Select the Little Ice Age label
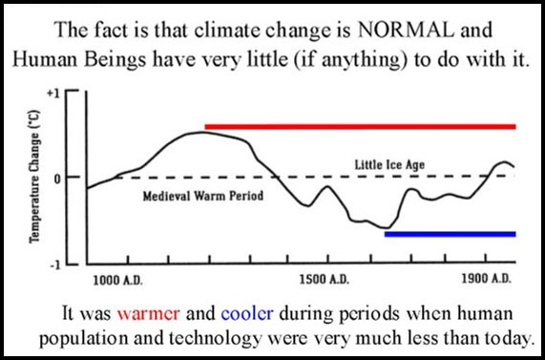pyautogui.click(x=393, y=165)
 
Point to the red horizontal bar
pyautogui.click(x=360, y=126)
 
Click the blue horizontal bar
pyautogui.click(x=450, y=233)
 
